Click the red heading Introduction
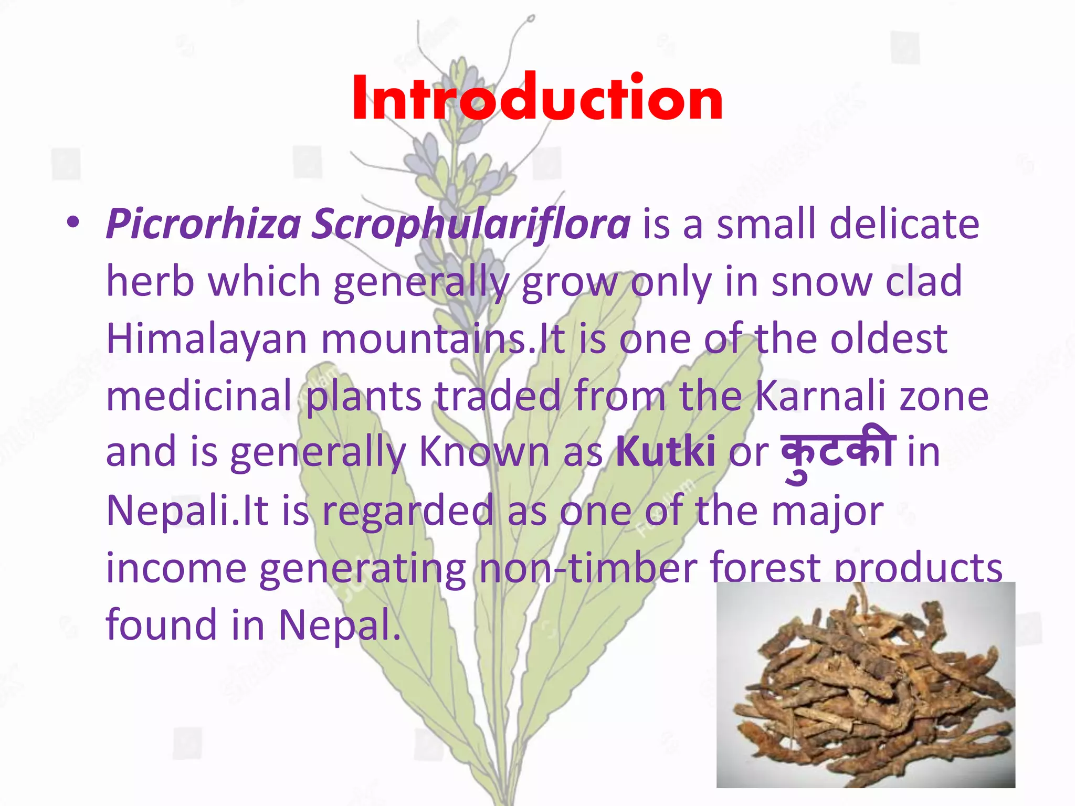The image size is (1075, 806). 537,99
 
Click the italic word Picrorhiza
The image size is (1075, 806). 203,225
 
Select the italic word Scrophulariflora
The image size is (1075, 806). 471,225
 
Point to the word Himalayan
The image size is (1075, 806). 206,338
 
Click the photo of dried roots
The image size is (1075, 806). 866,684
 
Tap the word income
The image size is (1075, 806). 176,568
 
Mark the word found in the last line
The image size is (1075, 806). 162,624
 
